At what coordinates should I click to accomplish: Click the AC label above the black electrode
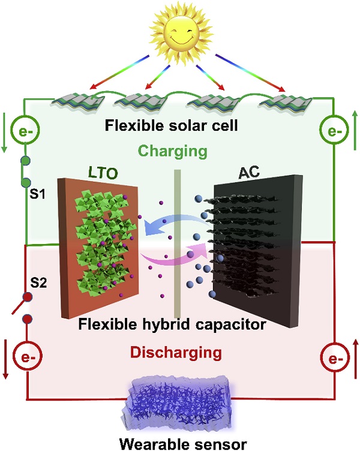pos(249,172)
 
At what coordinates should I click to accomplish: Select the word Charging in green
pos(173,151)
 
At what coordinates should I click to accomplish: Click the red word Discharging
pos(176,352)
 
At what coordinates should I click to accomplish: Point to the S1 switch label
pos(37,194)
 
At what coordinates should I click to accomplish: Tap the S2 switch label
pos(38,283)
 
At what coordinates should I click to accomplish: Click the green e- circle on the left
pos(25,131)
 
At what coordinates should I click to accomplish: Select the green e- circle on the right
pos(334,131)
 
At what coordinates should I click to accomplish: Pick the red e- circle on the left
pos(28,357)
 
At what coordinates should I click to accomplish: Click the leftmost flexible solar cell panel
pos(79,102)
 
